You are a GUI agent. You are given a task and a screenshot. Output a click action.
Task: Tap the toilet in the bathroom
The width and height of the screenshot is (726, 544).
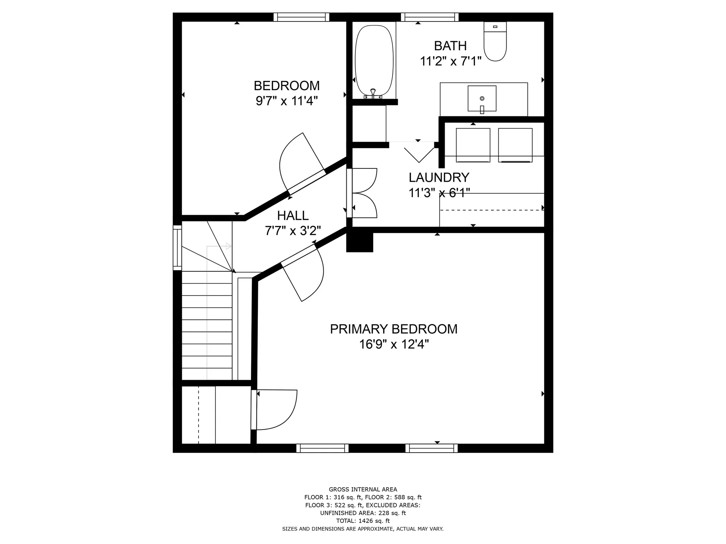(x=495, y=41)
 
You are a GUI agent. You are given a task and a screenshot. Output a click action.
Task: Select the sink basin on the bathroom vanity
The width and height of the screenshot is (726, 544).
(x=482, y=98)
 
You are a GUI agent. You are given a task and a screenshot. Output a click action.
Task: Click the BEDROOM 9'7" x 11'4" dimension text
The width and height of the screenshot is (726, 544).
(x=287, y=101)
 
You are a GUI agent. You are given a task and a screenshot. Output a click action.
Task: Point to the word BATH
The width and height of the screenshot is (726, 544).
(x=450, y=46)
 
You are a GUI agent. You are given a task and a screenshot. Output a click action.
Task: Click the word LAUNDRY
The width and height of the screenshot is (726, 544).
(x=439, y=177)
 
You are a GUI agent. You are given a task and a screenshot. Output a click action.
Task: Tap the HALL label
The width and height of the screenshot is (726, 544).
(x=293, y=215)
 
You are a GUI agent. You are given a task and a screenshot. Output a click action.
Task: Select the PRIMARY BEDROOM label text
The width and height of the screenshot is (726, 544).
(x=394, y=329)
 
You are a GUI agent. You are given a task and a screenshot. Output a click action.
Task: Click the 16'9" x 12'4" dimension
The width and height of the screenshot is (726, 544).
(x=394, y=345)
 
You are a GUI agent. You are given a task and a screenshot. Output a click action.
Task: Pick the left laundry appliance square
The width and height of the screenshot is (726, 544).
(x=473, y=145)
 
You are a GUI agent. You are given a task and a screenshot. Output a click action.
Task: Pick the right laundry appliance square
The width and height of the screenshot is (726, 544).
(x=515, y=145)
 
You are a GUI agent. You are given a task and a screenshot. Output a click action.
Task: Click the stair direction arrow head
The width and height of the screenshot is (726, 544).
(x=228, y=246)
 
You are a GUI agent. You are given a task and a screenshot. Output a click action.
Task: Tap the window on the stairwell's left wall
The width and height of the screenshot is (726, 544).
(x=177, y=247)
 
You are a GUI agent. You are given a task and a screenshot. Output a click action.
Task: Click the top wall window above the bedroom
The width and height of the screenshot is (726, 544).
(x=301, y=17)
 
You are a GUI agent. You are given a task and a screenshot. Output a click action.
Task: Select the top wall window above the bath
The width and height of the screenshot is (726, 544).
(x=430, y=17)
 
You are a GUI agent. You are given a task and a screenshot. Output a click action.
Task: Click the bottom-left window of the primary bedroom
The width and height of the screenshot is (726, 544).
(x=322, y=448)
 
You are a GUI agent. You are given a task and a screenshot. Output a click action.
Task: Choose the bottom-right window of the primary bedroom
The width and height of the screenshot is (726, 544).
(x=431, y=448)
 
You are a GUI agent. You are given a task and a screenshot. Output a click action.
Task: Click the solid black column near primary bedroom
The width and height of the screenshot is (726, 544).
(x=360, y=242)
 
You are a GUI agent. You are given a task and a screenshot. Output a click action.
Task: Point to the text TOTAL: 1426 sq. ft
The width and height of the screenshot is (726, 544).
(x=363, y=521)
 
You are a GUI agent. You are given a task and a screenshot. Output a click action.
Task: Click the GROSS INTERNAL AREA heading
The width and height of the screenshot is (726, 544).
(x=363, y=489)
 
